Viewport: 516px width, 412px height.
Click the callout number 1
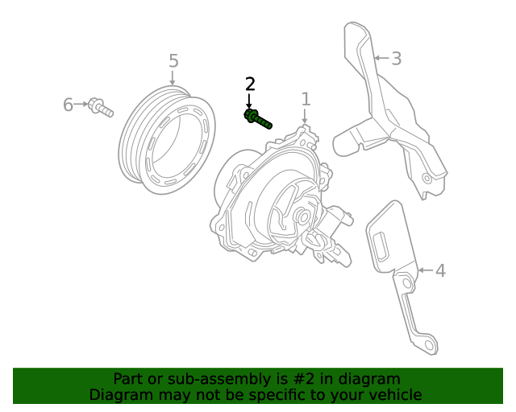pos(306,99)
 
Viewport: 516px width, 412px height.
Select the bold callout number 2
pos(250,84)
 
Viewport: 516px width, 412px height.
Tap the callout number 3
pos(396,58)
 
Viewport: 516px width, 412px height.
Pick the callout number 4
pos(440,270)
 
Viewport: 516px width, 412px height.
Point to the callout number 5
pos(173,61)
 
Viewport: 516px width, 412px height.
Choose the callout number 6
pos(68,105)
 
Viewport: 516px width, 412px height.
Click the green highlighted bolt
pos(258,120)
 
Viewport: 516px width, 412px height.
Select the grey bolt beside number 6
pos(102,106)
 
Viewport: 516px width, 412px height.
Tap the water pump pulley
pos(167,140)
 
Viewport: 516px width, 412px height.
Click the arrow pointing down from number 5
pos(173,78)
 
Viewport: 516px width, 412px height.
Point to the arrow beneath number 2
pos(249,101)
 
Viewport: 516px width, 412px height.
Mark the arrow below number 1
pos(306,117)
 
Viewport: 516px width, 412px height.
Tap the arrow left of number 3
pos(381,58)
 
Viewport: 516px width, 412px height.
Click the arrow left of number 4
pos(425,270)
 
